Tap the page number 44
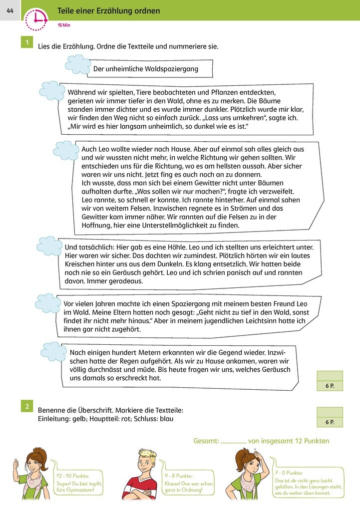pos(10,10)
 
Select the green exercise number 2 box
pos(26,406)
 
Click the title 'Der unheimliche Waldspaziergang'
pos(145,69)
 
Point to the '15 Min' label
pos(63,24)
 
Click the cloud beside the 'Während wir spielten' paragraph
pos(52,91)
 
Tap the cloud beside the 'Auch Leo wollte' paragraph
pos(66,150)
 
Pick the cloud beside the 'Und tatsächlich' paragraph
pos(50,246)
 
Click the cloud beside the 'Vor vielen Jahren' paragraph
pos(48,303)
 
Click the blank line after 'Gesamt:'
pos(233,442)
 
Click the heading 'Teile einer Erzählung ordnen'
pos(109,10)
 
